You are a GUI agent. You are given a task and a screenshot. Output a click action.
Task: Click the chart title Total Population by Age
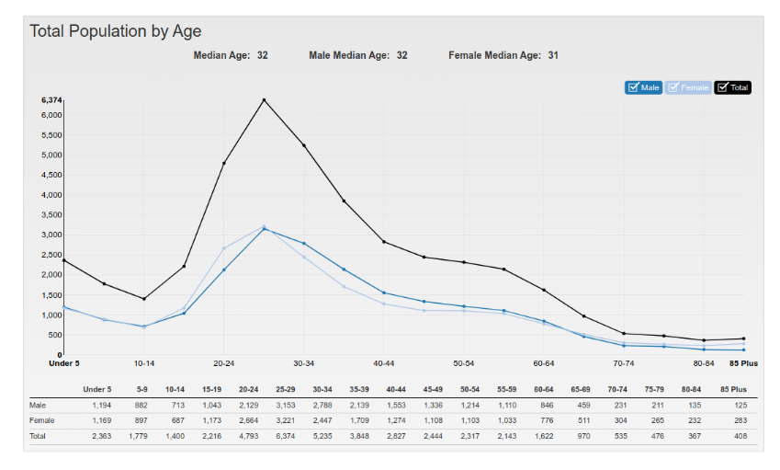click(116, 31)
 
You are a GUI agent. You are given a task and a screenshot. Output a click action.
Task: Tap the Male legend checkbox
click(633, 87)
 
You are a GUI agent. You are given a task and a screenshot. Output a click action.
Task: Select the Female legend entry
click(688, 87)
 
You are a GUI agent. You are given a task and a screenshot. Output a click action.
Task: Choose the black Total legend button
click(732, 87)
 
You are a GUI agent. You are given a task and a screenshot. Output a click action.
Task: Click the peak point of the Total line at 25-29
click(264, 99)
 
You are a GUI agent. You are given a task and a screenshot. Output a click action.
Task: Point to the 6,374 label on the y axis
click(51, 99)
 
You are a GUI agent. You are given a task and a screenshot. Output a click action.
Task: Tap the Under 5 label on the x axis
click(63, 363)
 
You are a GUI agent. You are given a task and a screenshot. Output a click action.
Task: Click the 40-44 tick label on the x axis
click(384, 363)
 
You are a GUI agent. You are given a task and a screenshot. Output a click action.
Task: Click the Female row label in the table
click(41, 420)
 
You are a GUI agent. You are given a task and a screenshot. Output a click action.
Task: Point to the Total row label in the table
click(39, 436)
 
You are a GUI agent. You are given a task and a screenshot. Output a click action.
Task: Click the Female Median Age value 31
click(553, 56)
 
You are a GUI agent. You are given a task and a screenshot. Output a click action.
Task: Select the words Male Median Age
click(349, 56)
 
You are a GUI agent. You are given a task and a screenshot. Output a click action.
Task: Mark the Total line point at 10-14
click(143, 299)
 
